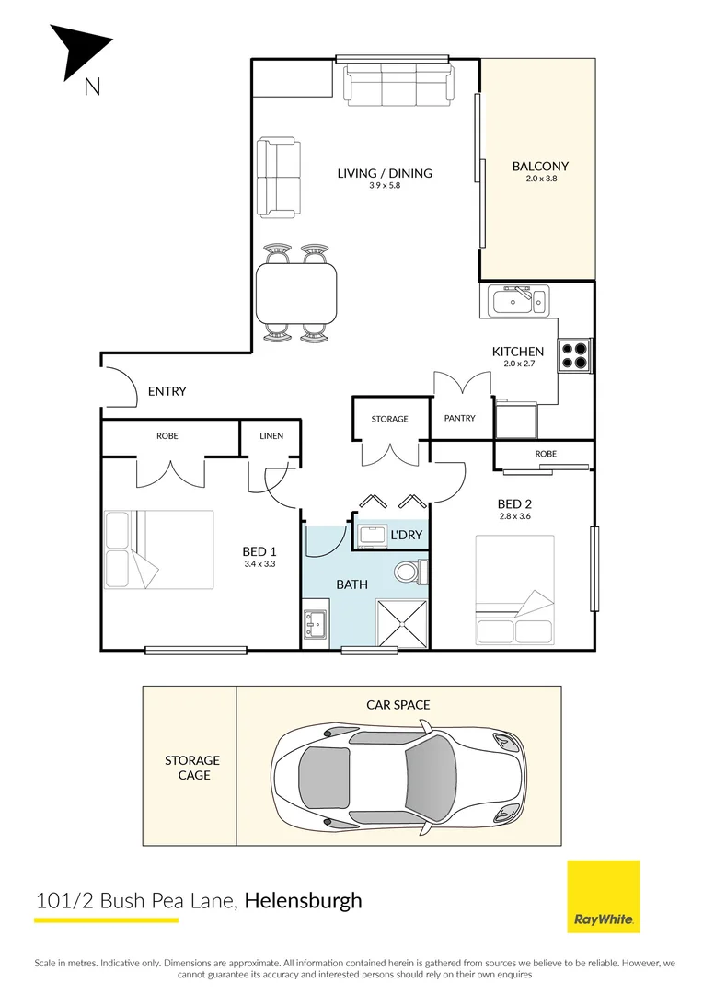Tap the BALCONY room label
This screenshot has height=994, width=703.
(x=540, y=167)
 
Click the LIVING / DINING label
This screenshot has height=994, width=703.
(x=385, y=173)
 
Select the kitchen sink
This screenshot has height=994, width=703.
(x=518, y=300)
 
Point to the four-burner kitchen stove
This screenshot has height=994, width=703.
(x=574, y=355)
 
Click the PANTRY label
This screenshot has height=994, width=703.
(x=459, y=419)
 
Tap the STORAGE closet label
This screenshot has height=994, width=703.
(x=390, y=419)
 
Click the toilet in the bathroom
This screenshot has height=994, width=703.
(x=408, y=572)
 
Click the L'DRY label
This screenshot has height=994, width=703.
(x=406, y=535)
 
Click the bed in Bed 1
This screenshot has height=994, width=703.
(x=158, y=549)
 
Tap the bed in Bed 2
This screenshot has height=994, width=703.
(x=515, y=590)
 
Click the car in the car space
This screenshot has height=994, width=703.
(x=399, y=765)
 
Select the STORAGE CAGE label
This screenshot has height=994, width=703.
(x=192, y=768)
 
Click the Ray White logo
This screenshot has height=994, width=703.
(x=603, y=896)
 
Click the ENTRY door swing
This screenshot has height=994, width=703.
(x=117, y=387)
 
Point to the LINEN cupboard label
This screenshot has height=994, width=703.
(x=271, y=436)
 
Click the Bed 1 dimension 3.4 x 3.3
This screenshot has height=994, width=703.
(x=260, y=563)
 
